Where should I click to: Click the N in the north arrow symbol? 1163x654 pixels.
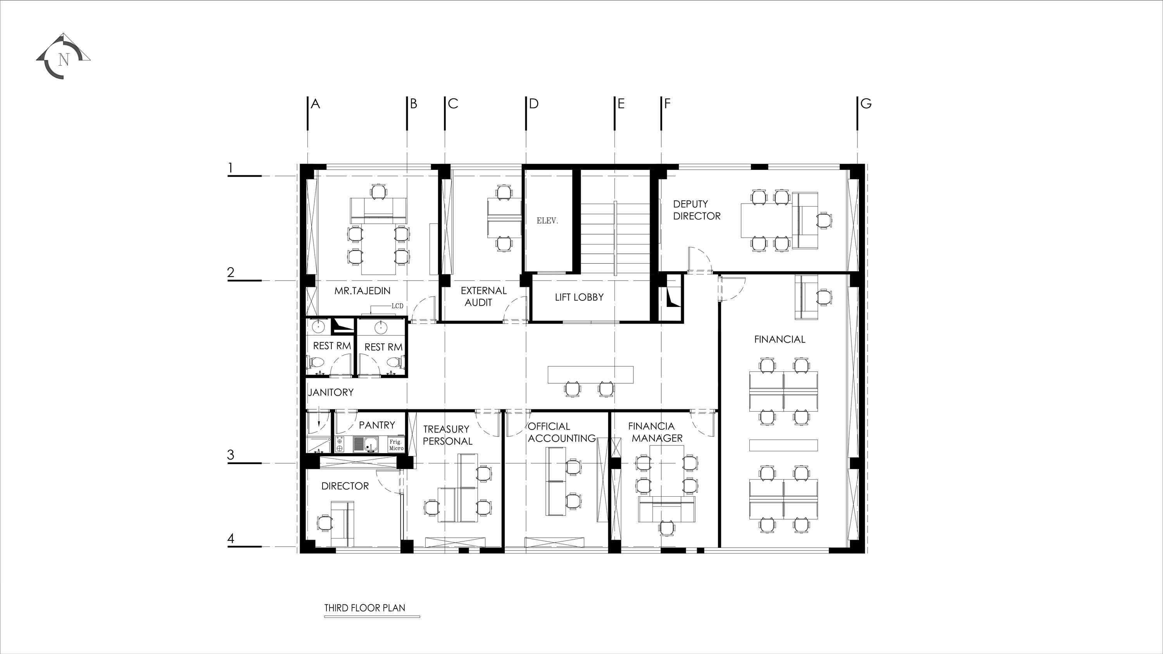(64, 60)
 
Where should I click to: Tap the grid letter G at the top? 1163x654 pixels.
(866, 104)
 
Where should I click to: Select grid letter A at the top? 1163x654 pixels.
(315, 104)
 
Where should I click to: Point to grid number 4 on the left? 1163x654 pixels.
(231, 538)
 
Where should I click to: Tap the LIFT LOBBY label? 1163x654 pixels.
(579, 297)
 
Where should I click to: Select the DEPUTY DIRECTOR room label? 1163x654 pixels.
(697, 210)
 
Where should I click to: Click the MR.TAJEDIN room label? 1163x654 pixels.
(362, 291)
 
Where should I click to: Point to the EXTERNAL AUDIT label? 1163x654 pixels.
(483, 297)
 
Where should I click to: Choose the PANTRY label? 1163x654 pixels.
(376, 425)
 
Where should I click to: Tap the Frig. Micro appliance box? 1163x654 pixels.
(396, 445)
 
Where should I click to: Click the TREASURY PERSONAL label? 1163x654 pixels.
(447, 435)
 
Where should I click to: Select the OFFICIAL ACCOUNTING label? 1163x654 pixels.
(562, 432)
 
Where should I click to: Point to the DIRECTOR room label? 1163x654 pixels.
(345, 486)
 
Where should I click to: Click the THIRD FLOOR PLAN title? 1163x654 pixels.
(365, 608)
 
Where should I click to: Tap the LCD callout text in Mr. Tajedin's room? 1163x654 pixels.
(397, 306)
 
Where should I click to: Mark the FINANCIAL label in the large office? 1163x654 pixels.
(780, 340)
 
